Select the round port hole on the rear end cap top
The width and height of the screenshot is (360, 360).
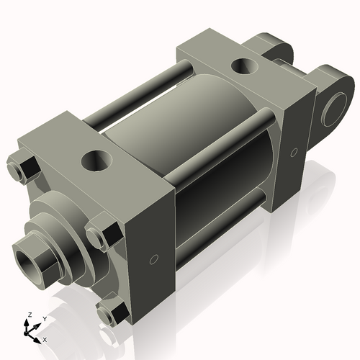click(x=241, y=67)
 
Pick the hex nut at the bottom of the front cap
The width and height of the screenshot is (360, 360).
click(x=109, y=313)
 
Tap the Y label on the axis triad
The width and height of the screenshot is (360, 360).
click(x=44, y=318)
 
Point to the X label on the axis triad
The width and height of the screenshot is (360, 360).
click(x=45, y=338)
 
